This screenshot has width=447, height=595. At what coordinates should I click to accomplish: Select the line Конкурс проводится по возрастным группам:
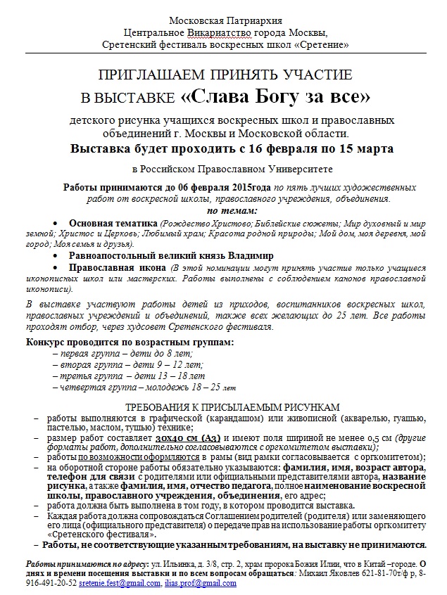129,343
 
